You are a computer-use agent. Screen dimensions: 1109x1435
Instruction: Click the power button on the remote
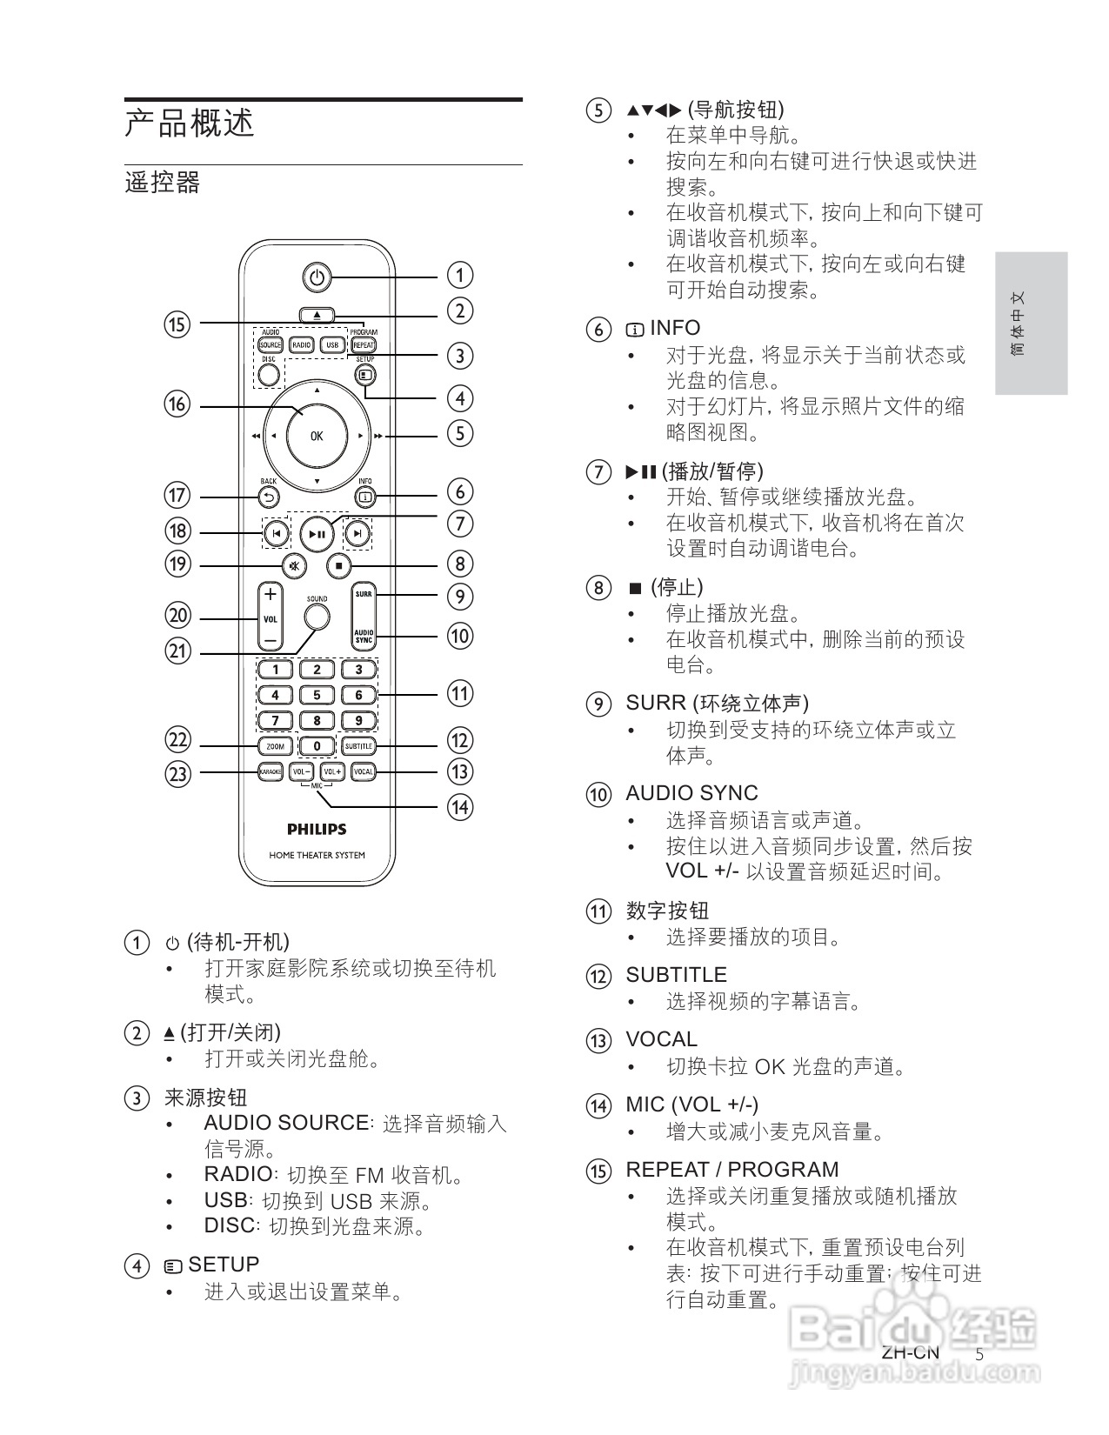click(x=317, y=277)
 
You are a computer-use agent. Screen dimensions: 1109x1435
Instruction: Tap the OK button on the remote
click(x=317, y=436)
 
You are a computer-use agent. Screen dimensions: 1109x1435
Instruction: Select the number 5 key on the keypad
click(x=317, y=695)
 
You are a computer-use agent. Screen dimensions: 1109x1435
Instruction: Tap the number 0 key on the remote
click(x=317, y=746)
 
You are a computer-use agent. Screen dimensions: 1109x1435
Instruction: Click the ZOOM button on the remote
click(x=275, y=746)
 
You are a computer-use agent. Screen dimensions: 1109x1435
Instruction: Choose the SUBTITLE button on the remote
click(x=358, y=746)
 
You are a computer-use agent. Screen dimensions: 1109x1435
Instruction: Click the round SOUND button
click(x=317, y=617)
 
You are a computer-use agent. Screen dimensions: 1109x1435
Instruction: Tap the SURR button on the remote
click(x=364, y=595)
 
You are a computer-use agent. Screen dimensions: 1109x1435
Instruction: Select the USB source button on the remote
click(x=331, y=345)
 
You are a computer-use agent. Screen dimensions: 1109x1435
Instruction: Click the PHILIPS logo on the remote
click(x=317, y=829)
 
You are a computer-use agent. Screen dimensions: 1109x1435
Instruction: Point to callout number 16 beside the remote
click(x=177, y=404)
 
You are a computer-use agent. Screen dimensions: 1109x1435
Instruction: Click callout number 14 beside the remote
click(x=459, y=807)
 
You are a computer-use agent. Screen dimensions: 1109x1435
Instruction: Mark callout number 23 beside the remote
click(x=177, y=773)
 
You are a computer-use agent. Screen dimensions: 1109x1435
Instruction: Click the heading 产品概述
click(x=190, y=123)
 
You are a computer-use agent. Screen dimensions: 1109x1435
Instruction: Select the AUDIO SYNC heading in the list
click(x=691, y=793)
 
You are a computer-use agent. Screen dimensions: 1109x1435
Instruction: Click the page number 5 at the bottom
click(x=979, y=1355)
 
